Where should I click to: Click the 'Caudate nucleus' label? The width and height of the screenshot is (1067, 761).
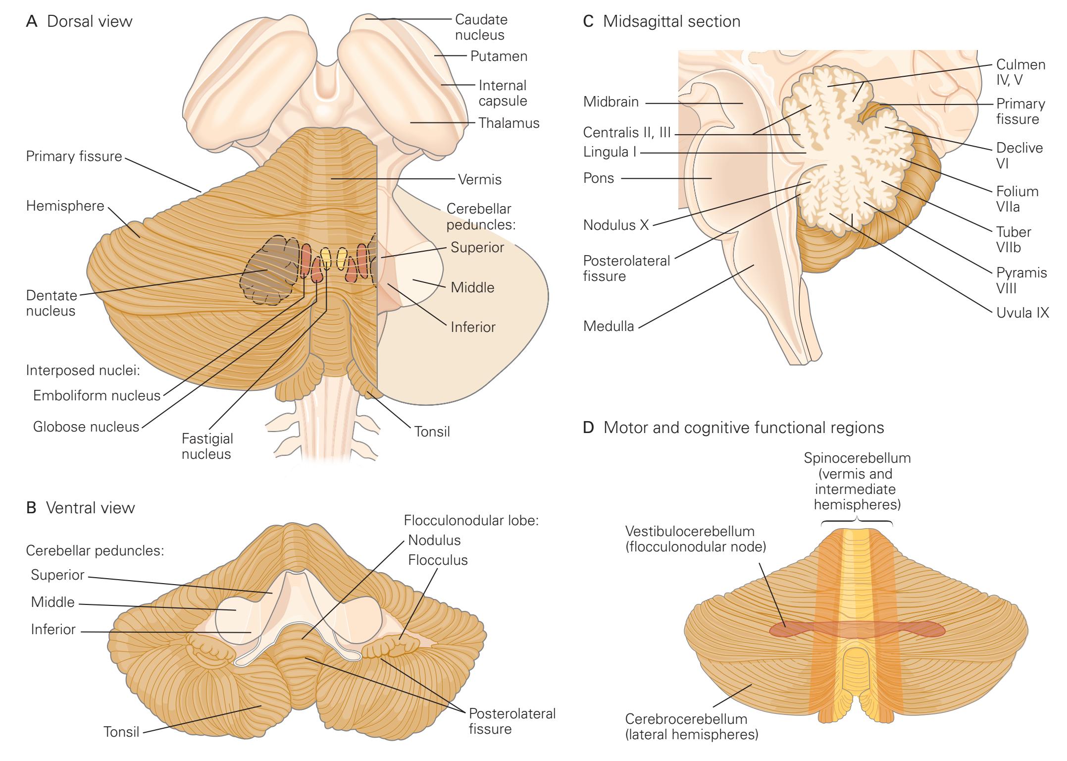pos(481,27)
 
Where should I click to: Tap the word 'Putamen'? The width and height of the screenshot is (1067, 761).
pos(499,56)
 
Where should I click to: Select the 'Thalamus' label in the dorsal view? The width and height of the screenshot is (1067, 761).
pos(508,123)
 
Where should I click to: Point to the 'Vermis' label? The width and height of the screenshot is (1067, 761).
pos(480,179)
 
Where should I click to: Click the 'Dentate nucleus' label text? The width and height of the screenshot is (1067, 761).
pos(51,303)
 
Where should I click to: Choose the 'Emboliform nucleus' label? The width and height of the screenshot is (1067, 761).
pos(97,396)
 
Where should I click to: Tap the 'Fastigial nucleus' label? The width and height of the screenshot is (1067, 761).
pos(206,446)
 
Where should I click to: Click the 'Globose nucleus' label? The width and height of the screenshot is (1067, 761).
pos(86,427)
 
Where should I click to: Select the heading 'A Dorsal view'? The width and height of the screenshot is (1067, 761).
pos(79,22)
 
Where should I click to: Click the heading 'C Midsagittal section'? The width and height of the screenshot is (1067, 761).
pos(662,22)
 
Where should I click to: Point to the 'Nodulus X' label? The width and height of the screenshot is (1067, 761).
pos(616,225)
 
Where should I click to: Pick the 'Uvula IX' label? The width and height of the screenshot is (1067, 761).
pos(1022,313)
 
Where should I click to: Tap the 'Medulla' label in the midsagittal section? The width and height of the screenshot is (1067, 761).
pos(609,326)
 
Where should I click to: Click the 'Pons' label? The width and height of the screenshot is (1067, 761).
pos(599,178)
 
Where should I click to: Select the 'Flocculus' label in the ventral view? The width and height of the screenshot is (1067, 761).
pos(438,560)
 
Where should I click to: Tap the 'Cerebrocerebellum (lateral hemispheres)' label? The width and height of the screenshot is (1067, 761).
pos(691,726)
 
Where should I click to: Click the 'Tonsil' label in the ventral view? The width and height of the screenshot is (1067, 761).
pos(121,731)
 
